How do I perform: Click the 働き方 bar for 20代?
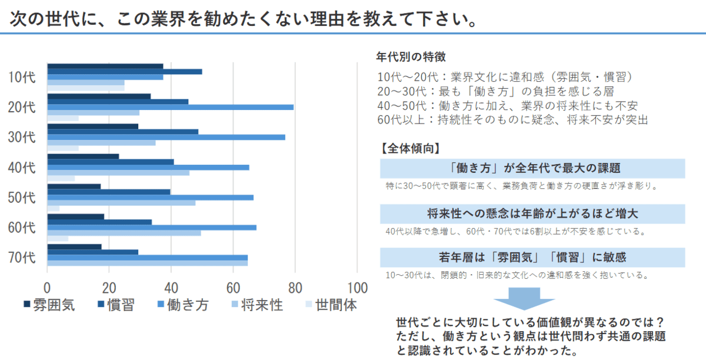click(170, 107)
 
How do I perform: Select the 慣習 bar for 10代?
click(124, 72)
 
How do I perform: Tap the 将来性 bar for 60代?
click(124, 233)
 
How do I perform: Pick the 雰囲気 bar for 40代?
click(83, 156)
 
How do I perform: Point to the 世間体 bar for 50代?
click(53, 208)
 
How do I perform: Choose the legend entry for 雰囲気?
click(49, 305)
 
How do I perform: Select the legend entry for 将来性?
click(256, 305)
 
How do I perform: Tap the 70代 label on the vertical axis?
click(22, 257)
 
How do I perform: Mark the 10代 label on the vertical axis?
click(22, 77)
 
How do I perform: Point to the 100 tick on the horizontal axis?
click(357, 288)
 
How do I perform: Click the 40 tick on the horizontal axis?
click(171, 288)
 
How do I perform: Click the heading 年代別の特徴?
click(411, 57)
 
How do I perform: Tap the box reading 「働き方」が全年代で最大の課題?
click(532, 168)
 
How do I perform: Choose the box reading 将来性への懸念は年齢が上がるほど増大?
click(532, 214)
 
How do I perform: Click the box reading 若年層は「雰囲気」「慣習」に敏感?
click(532, 257)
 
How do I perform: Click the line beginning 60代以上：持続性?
click(512, 119)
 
